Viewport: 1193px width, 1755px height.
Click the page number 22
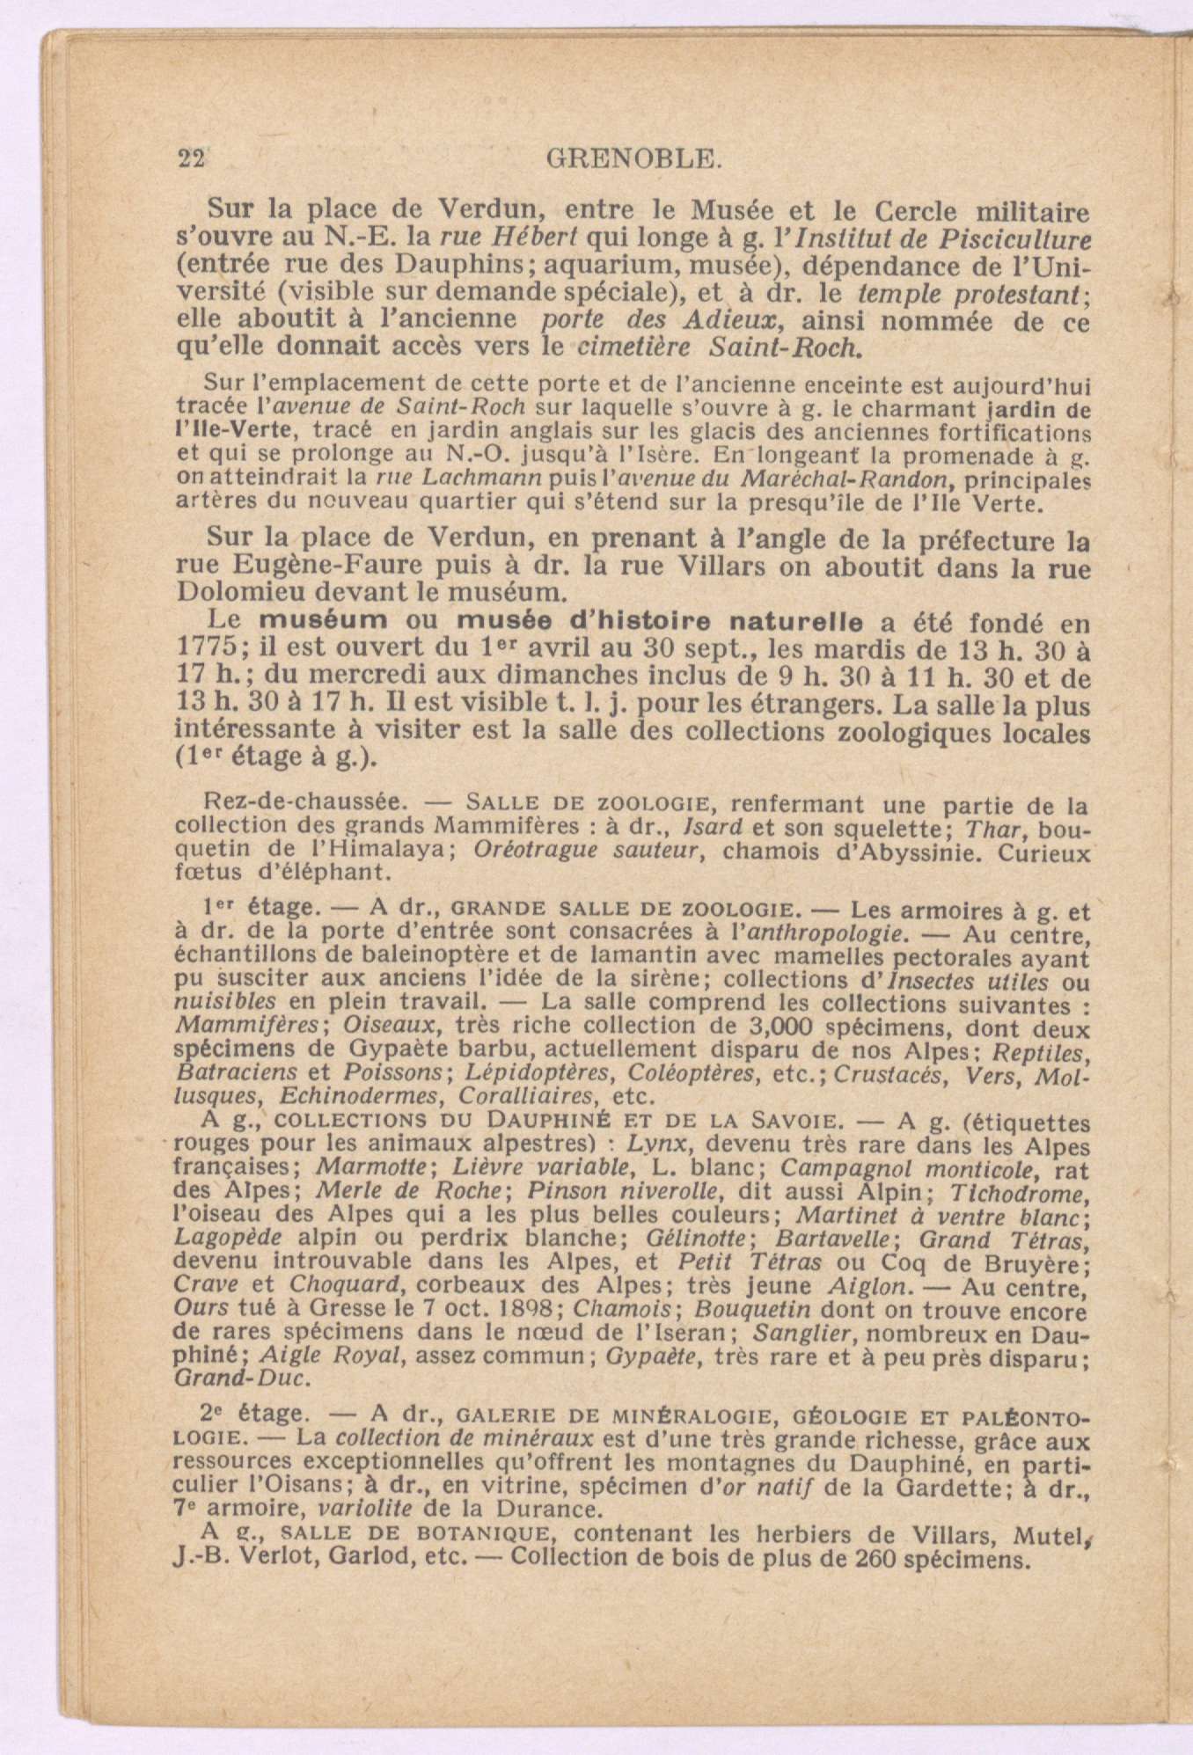[x=191, y=158]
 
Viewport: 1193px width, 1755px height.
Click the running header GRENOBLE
[x=634, y=158]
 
